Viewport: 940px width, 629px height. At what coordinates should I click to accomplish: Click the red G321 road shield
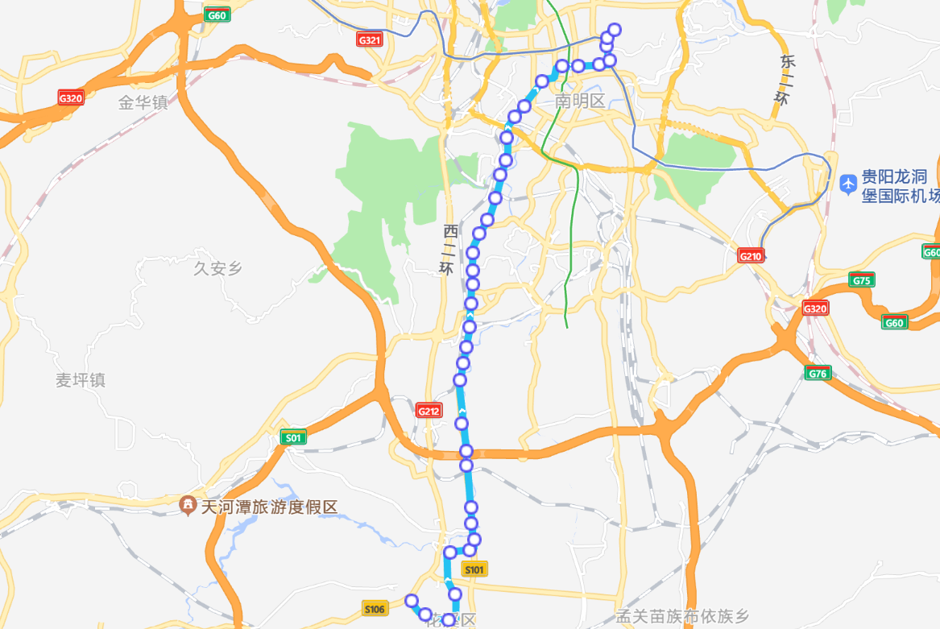pos(369,39)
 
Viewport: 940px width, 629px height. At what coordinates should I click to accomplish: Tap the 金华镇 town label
pos(143,102)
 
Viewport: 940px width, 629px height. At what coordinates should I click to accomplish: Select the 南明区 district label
pos(580,101)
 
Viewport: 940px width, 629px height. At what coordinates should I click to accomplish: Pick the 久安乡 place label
pos(217,268)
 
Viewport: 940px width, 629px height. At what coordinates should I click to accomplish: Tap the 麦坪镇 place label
pos(81,380)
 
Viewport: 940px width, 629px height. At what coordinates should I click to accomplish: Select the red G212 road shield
pos(429,411)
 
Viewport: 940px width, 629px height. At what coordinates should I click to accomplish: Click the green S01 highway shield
pos(292,437)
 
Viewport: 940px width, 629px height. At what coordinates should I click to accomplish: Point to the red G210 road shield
pos(750,256)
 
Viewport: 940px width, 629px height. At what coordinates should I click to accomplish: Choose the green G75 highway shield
pos(861,280)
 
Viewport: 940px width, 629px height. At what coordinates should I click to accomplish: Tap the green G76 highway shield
pos(818,373)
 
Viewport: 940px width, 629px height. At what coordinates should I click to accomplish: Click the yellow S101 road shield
pos(474,569)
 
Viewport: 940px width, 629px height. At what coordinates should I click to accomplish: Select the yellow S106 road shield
pos(375,608)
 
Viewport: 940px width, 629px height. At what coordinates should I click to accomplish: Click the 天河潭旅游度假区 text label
pos(269,507)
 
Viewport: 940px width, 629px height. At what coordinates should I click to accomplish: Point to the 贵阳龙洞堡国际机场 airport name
pos(897,186)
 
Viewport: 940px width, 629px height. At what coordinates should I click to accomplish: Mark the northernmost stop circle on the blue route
pos(615,30)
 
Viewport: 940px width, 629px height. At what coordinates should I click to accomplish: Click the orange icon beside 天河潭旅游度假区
pos(188,507)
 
